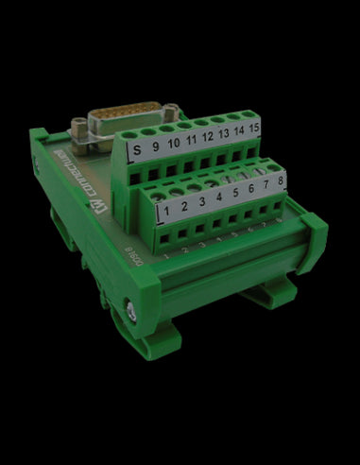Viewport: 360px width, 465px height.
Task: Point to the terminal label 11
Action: click(x=192, y=142)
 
